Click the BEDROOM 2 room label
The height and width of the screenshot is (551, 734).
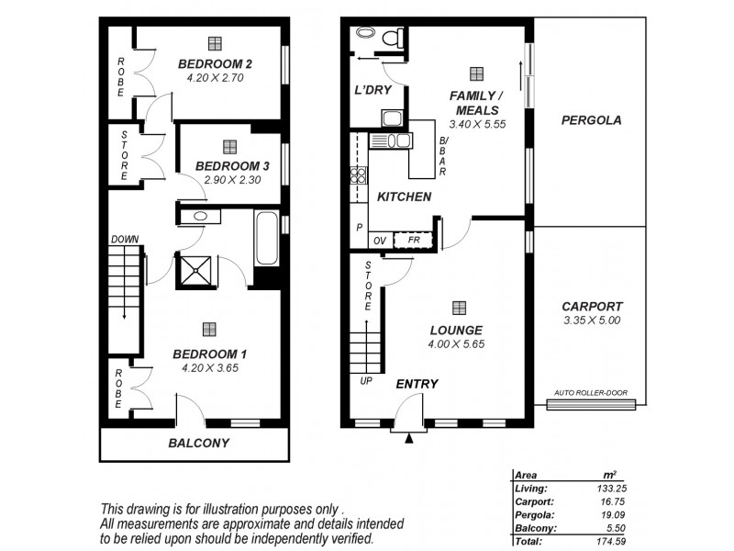[x=215, y=63]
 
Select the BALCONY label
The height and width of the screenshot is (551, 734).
[x=198, y=443]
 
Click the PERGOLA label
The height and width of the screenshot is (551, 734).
[x=591, y=119]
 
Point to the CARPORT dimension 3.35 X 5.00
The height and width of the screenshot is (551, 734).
[x=592, y=320]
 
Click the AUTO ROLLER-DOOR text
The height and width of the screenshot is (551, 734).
[x=590, y=393]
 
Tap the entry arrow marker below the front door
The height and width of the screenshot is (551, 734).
[x=410, y=438]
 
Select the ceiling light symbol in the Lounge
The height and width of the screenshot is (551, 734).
[x=458, y=308]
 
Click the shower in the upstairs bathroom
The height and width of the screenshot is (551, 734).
[x=195, y=270]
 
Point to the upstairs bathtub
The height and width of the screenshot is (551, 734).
[x=266, y=239]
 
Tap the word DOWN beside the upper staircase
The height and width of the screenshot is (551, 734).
[x=124, y=240]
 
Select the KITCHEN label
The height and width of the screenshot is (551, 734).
[x=405, y=197]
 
